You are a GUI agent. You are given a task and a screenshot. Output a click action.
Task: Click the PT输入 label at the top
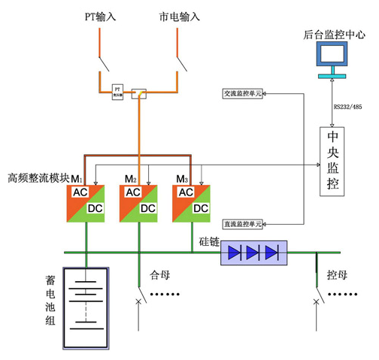(100, 16)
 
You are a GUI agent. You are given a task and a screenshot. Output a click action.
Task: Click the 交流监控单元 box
(243, 94)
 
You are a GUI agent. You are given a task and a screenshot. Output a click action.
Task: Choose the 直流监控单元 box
(243, 224)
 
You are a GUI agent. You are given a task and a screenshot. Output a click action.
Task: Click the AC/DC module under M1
(85, 201)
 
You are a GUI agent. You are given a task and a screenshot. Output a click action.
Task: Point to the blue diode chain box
(253, 253)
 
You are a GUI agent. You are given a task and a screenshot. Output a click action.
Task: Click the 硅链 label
(208, 242)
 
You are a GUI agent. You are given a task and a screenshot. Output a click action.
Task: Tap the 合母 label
(161, 274)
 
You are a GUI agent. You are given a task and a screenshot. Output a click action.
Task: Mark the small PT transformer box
(117, 90)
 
